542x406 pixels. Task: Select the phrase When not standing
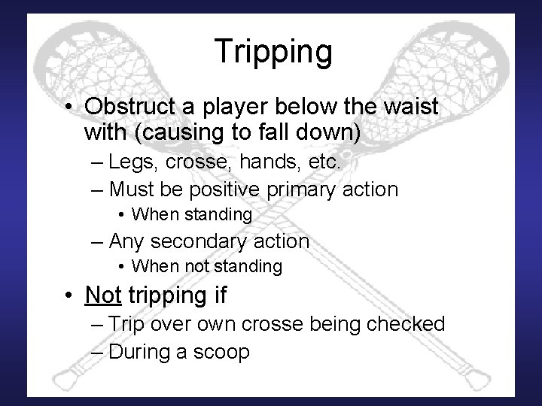tap(206, 266)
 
